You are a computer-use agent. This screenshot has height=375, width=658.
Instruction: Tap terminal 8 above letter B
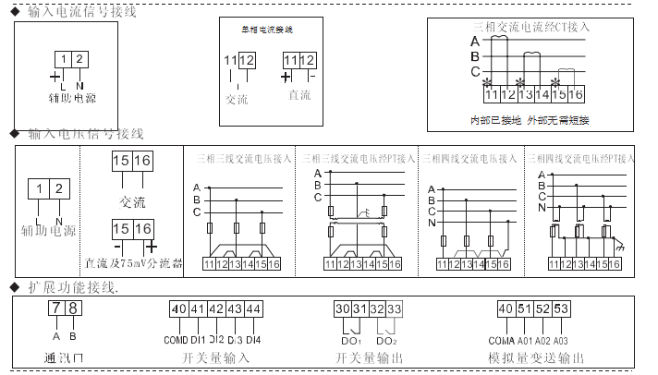[73, 309]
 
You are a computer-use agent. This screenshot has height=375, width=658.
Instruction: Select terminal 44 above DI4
[253, 309]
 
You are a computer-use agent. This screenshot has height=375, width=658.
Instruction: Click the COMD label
[177, 339]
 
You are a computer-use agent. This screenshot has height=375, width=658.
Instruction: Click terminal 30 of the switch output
[341, 309]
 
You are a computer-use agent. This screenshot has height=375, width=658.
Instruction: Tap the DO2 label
[387, 340]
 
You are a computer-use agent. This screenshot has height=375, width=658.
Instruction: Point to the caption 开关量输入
[214, 357]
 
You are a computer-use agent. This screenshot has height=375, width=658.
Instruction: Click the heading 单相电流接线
[267, 30]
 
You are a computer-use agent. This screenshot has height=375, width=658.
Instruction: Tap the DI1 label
[199, 339]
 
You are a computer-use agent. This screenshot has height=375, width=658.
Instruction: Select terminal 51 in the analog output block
[524, 309]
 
